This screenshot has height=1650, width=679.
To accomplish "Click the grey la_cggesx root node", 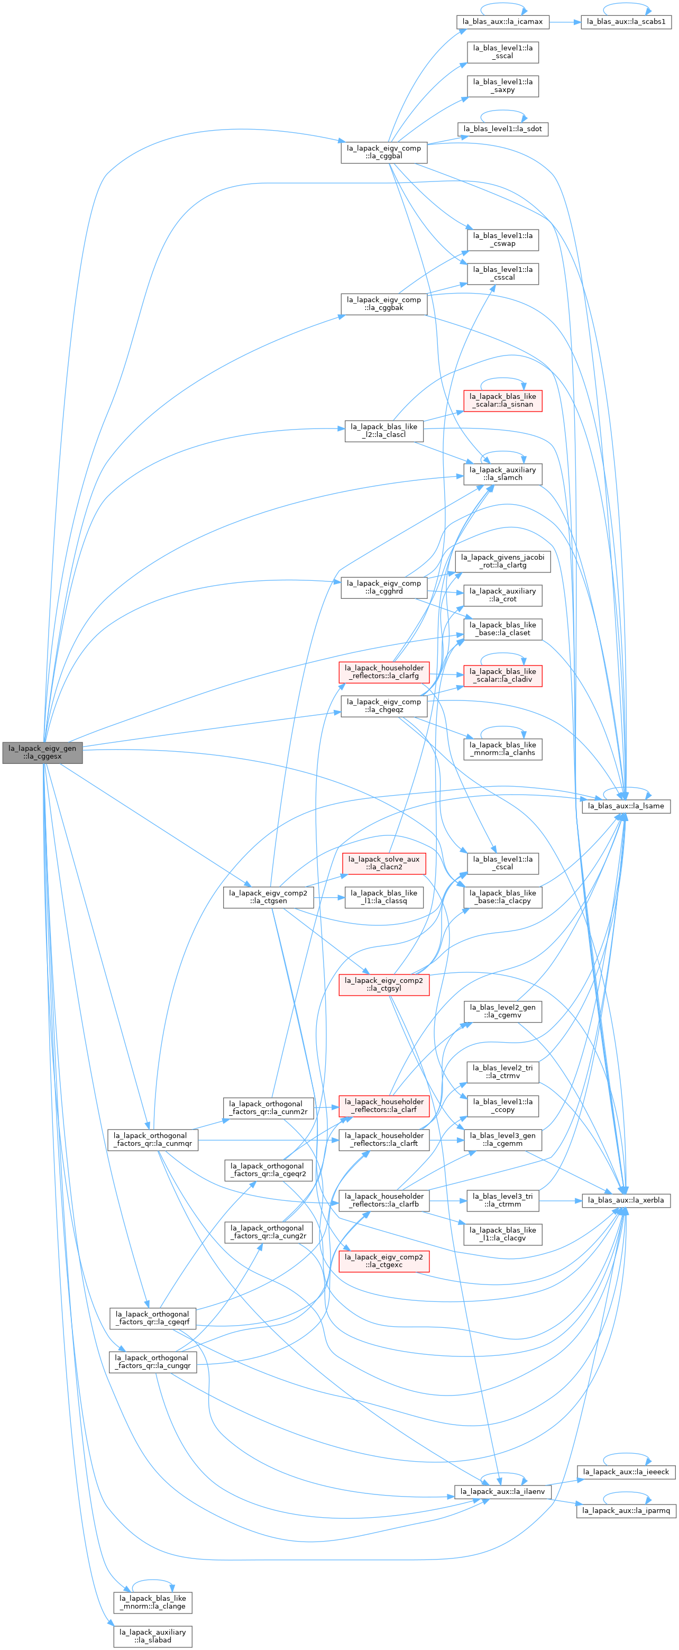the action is (x=42, y=752).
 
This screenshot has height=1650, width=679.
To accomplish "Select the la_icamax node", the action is (x=503, y=22).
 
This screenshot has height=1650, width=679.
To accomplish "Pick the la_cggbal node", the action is (x=384, y=152).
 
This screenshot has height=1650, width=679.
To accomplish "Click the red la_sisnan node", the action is (x=503, y=400).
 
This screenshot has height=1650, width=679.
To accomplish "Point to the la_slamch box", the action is (x=503, y=473).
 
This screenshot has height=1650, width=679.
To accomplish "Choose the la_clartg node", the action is (x=503, y=561).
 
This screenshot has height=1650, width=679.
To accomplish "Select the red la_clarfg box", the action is (x=384, y=671).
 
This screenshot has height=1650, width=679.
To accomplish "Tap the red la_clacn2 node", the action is (x=384, y=863).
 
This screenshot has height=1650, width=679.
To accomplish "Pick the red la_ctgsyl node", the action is (x=384, y=984).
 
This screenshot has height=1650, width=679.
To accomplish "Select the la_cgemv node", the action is (x=503, y=1011).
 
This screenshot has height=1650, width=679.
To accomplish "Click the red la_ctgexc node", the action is (x=384, y=1261).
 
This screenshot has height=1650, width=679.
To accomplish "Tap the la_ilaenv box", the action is (x=503, y=1492).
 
